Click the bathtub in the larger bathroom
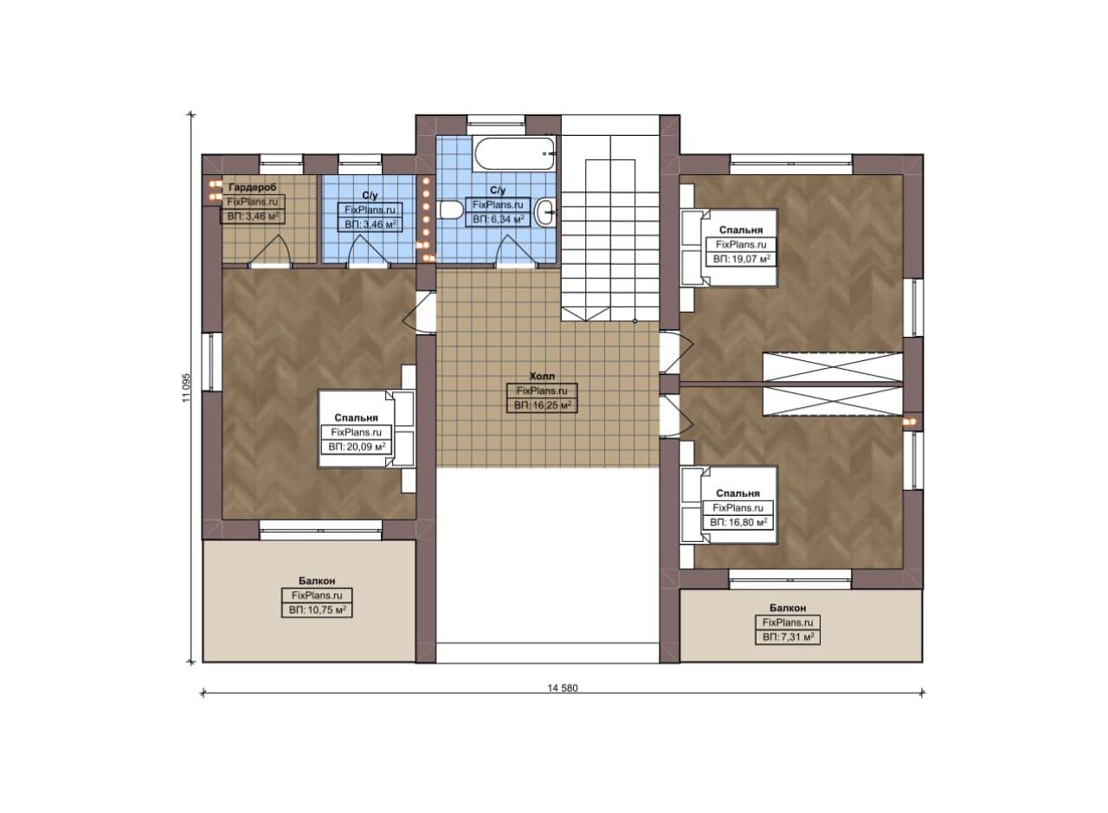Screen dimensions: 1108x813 514,153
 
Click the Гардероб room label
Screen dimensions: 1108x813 252,188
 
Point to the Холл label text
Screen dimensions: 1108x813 542,376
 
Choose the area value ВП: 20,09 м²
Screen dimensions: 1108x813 357,447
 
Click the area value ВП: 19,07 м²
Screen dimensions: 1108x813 741,259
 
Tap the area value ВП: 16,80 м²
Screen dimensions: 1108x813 738,522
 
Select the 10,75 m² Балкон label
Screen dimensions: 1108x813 317,580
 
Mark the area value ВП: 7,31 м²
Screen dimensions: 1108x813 788,637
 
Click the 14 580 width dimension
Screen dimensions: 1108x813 563,687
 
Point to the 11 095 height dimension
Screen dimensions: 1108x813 186,387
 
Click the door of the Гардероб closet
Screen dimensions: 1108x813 270,251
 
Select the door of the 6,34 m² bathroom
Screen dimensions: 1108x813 515,251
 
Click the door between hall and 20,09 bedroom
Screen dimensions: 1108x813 421,313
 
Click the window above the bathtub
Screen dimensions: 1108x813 496,119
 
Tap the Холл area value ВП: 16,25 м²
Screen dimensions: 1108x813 542,405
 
